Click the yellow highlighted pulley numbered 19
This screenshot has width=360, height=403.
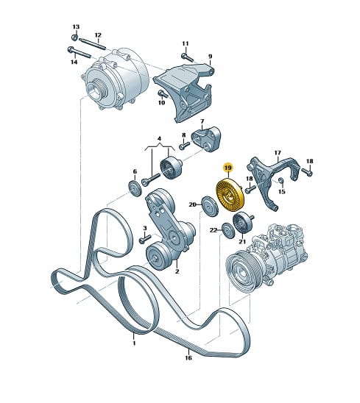230,195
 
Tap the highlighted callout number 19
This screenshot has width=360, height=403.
227,168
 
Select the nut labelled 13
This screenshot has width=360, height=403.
74,38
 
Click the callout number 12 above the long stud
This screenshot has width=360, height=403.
98,35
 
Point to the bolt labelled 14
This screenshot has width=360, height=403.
79,52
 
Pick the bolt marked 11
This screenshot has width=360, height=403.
187,57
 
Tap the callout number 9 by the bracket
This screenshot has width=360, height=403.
211,57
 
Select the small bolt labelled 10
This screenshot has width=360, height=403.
163,94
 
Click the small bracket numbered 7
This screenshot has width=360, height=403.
206,139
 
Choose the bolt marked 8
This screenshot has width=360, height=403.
184,146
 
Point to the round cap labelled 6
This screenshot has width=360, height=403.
135,189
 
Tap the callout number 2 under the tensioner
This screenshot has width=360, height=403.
177,271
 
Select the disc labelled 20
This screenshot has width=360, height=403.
210,207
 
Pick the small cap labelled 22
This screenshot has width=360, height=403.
228,231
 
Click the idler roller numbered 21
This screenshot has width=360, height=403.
244,223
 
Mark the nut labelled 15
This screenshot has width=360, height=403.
281,181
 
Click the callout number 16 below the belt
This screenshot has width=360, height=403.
188,357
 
